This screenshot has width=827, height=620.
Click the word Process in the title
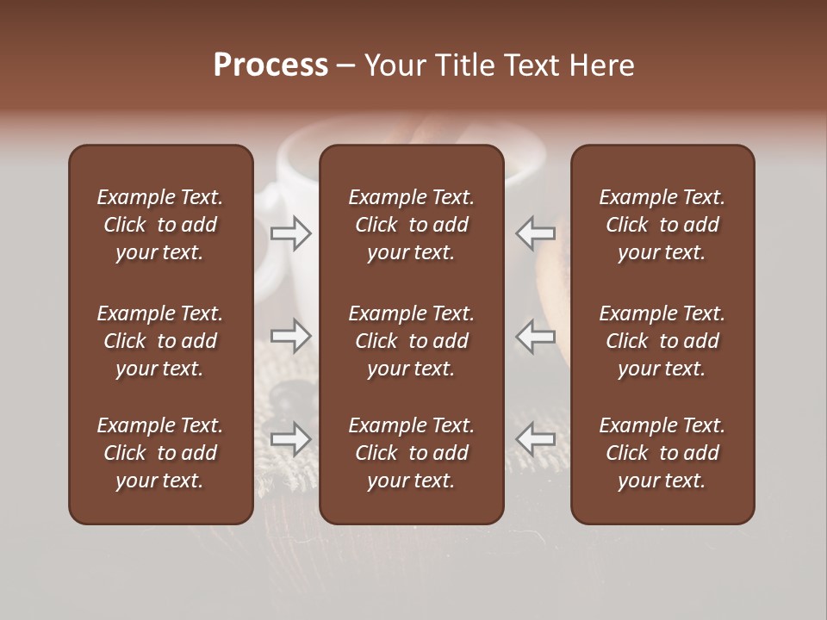point(270,65)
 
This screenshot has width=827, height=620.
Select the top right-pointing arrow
point(291,233)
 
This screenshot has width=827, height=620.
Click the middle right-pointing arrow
point(291,336)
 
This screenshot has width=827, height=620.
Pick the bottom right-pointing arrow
point(291,439)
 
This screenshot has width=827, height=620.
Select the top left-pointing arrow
point(536,233)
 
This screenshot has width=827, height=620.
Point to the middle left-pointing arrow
point(536,336)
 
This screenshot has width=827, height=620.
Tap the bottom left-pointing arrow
point(536,439)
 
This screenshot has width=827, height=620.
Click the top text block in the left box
point(160,225)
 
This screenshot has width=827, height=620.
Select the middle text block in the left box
point(160,341)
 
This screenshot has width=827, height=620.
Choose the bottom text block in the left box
point(160,453)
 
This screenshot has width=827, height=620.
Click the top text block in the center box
point(412,225)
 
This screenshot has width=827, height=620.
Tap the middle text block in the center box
point(412,341)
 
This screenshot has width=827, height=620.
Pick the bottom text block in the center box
point(412,453)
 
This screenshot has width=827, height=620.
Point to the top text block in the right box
point(662,225)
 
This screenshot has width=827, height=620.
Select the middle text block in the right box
point(662,341)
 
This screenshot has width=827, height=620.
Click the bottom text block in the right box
point(662,453)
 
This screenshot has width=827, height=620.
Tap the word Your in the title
point(392,65)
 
